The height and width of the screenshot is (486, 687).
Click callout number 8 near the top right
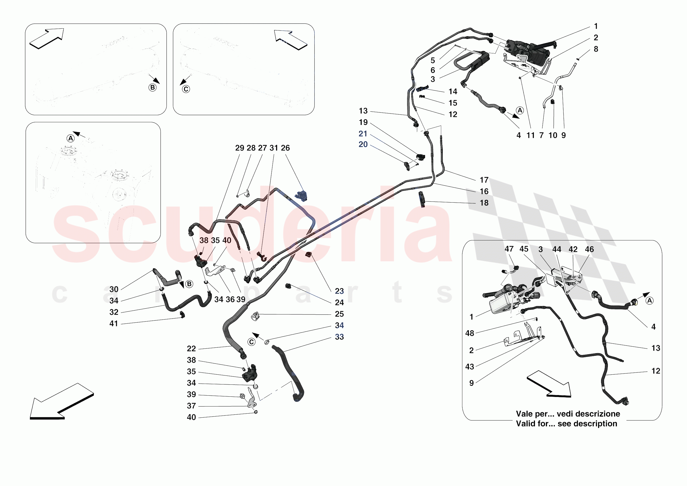coord(596,49)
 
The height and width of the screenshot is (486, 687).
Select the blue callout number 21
coord(363,134)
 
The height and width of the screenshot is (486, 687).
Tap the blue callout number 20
coord(363,144)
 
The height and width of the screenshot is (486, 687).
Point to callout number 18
coord(484,203)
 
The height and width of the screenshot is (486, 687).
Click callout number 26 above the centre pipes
coord(285,148)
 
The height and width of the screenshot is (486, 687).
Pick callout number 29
coord(239,148)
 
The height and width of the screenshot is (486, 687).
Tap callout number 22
coord(191,349)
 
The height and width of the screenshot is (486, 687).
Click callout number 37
coord(191,406)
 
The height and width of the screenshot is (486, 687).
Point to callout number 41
coord(114,324)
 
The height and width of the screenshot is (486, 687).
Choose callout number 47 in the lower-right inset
coord(509,249)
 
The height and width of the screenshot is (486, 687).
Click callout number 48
coord(469,333)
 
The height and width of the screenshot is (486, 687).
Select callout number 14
coord(453,91)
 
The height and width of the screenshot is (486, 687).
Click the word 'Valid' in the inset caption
coord(525,424)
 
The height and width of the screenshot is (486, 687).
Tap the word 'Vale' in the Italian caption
coord(524,414)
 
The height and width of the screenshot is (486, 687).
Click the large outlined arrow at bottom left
coord(61,402)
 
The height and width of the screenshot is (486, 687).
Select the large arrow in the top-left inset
coord(47,38)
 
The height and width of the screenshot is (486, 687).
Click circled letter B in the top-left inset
coord(153,87)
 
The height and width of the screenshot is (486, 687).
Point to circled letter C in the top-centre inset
coord(186,89)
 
